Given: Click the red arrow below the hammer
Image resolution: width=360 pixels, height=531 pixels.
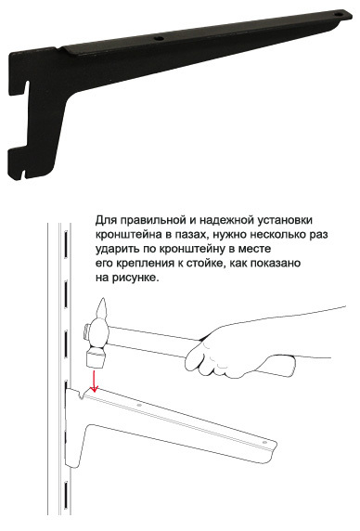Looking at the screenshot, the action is [94, 381].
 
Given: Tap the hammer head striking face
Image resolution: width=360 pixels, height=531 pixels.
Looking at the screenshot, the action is [96, 359].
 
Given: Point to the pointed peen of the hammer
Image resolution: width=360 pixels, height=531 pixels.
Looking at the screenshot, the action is [102, 307].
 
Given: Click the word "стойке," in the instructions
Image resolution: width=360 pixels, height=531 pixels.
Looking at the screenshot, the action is [206, 264].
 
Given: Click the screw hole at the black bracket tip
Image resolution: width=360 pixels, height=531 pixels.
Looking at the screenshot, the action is [339, 15].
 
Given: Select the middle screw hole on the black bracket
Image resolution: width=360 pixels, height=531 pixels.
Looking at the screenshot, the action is [159, 38].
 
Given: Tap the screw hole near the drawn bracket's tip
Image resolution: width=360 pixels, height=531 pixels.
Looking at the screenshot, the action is [264, 443].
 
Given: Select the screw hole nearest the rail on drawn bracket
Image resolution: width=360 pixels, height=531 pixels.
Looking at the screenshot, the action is [138, 405].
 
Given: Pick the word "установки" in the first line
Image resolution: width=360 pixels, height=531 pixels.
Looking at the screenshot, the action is [285, 220].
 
